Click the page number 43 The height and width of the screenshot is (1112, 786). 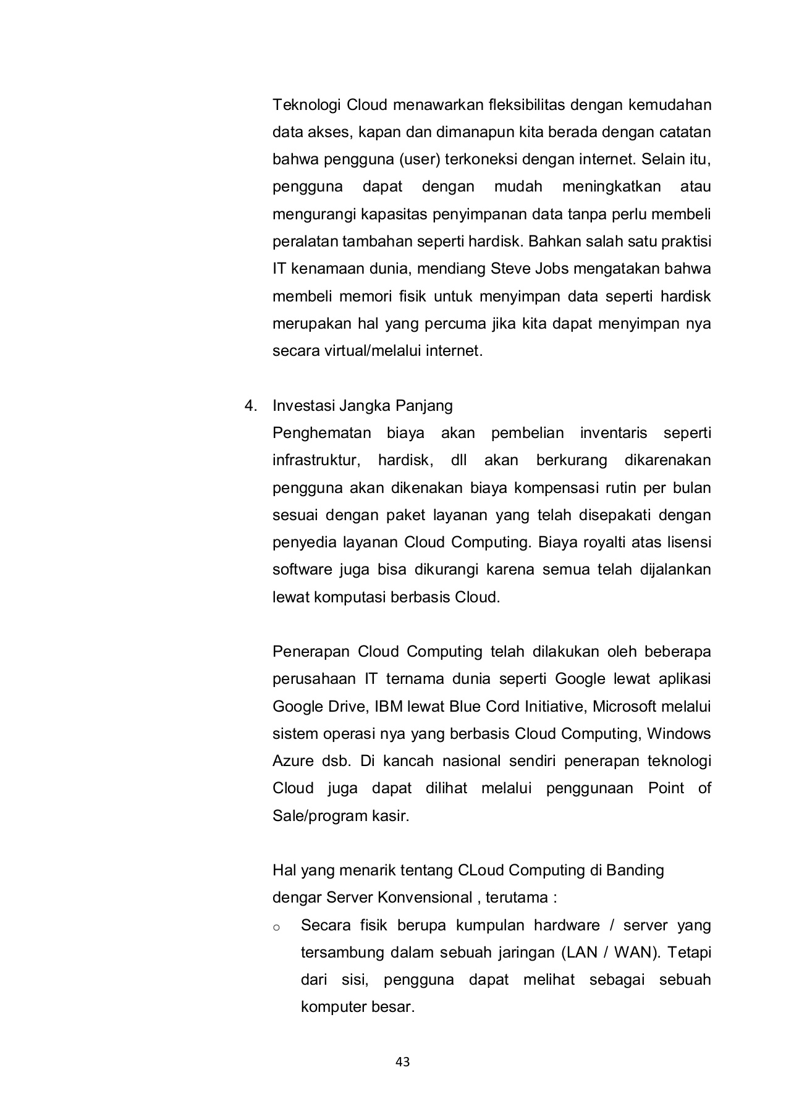coord(402,1062)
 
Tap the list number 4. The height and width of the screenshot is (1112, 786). coord(250,406)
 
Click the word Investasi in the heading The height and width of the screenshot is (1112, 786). coord(303,406)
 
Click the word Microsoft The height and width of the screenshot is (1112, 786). coord(625,706)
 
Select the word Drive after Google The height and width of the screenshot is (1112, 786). coord(344,706)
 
